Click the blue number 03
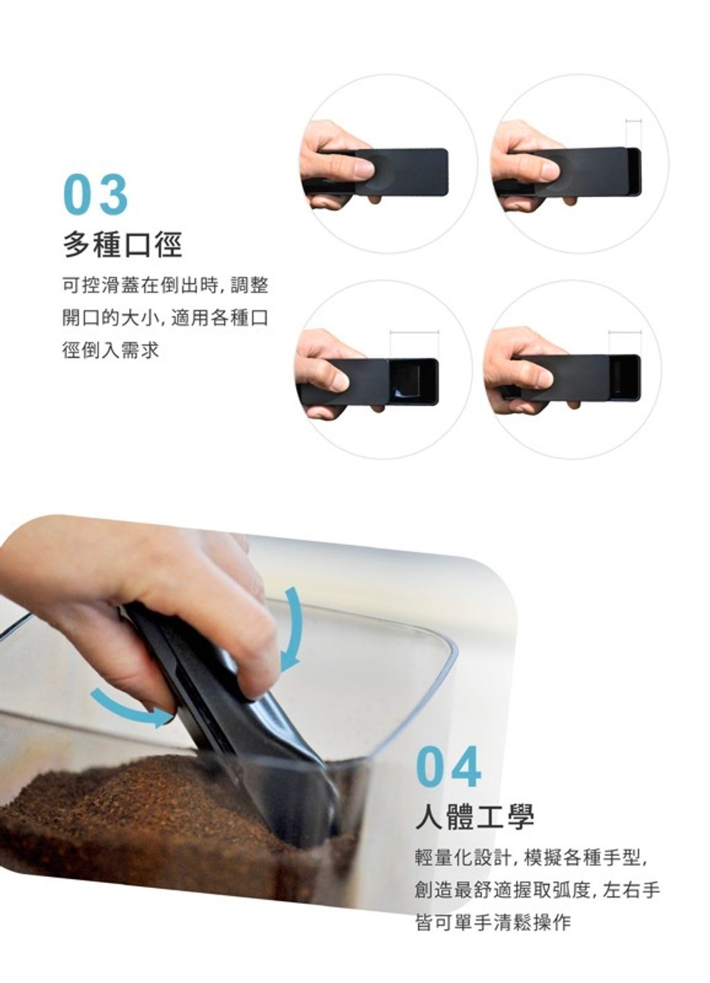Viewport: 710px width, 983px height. [96, 194]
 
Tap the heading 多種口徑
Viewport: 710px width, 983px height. [122, 245]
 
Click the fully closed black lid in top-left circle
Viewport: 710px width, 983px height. [402, 171]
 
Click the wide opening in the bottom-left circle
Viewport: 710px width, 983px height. [412, 381]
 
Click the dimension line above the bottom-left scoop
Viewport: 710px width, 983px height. [415, 332]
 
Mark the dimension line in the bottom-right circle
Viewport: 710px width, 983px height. [625, 332]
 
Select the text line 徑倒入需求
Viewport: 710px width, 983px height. [110, 350]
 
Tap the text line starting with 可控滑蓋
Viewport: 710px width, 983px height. [165, 286]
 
